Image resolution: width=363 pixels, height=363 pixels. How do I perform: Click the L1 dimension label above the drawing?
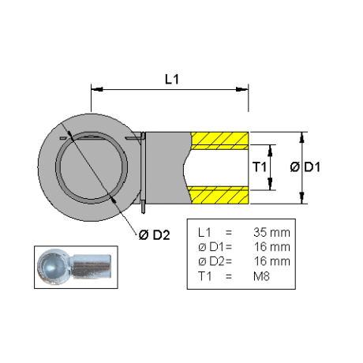click(172, 79)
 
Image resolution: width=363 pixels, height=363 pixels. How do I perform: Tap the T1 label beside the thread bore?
click(260, 167)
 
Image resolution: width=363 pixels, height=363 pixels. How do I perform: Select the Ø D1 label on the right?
click(305, 167)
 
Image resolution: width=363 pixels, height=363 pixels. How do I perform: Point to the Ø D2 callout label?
click(154, 235)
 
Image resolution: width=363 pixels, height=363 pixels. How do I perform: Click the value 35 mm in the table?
click(271, 233)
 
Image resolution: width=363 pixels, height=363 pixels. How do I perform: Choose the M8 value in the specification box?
click(261, 276)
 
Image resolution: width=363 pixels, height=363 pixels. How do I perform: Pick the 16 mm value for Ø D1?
click(272, 247)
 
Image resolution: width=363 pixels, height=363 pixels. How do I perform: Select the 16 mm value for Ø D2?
click(272, 261)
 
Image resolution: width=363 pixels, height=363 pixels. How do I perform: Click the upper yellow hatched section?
click(219, 140)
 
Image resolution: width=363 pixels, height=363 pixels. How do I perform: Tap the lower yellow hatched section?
click(219, 195)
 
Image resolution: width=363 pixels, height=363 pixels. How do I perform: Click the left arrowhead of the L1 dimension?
click(96, 89)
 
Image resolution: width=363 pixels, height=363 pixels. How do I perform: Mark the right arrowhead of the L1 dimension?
click(242, 89)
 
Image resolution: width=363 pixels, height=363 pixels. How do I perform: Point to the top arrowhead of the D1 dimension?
click(302, 137)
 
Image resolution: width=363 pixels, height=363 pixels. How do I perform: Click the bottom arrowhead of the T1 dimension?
click(270, 184)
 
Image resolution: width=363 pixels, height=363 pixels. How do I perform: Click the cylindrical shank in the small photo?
click(91, 266)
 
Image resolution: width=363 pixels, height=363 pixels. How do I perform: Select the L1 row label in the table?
click(204, 233)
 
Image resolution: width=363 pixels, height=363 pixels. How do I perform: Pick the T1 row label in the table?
click(204, 276)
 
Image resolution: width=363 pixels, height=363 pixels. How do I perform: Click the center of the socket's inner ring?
click(92, 167)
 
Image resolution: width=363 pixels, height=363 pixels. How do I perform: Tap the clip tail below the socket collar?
click(143, 207)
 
